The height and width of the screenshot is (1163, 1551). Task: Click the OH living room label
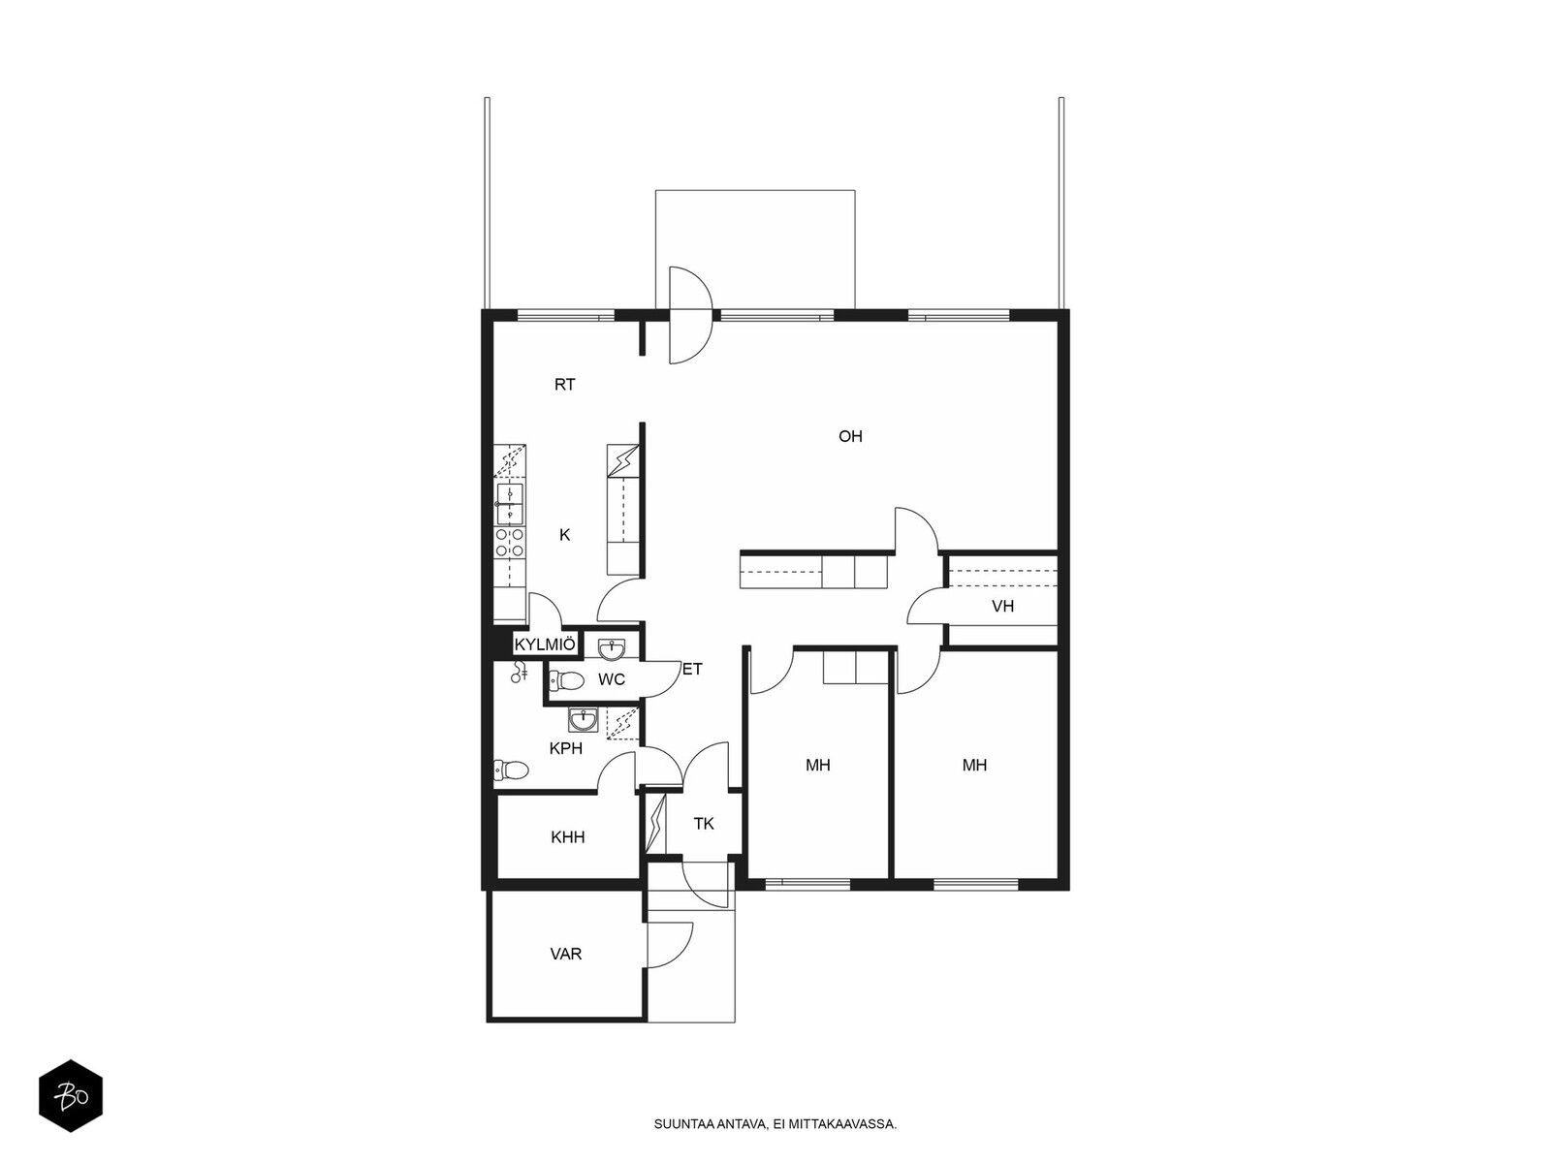point(850,436)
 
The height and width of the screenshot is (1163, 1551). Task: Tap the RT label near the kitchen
point(564,385)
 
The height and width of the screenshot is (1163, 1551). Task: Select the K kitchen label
point(564,535)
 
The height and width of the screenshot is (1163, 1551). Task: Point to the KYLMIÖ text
point(545,644)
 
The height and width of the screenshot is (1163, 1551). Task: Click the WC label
point(612,680)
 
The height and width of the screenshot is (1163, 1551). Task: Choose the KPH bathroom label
point(566,748)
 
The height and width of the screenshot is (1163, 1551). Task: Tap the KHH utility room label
point(568,837)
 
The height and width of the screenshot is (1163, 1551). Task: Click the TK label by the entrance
point(704,824)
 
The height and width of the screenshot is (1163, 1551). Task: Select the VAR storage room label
point(566,955)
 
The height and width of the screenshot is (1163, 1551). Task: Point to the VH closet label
point(1002,606)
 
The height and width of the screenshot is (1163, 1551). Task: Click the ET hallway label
point(692,670)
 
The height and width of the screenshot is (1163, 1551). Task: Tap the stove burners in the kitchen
point(510,543)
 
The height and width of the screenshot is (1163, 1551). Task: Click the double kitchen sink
point(510,503)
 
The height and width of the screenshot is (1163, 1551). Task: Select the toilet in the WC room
point(567,680)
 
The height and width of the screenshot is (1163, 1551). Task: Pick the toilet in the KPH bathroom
point(511,770)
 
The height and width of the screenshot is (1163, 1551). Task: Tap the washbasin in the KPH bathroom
point(583,720)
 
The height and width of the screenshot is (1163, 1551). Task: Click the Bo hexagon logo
point(71,1096)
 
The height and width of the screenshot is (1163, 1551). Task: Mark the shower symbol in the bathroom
point(520,672)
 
